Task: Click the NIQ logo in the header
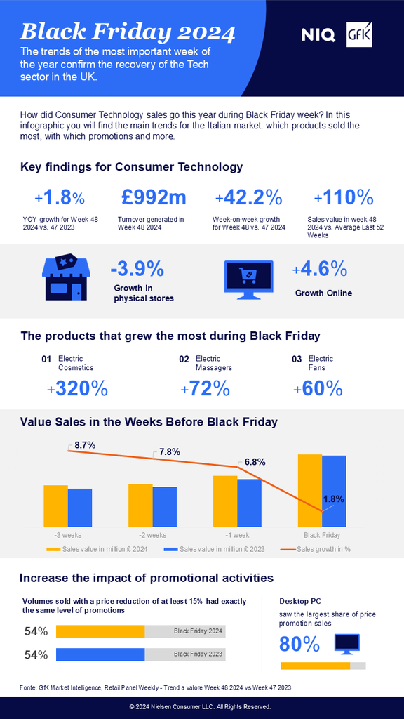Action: (x=320, y=33)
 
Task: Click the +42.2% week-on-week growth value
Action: (x=248, y=196)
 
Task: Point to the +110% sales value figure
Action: (x=344, y=196)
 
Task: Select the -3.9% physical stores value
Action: (x=137, y=268)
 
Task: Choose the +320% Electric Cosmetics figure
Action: (x=77, y=388)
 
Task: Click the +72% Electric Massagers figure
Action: (x=205, y=388)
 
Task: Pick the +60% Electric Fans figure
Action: (x=317, y=388)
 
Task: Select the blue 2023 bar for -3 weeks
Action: (x=80, y=508)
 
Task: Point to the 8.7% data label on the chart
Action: (x=85, y=444)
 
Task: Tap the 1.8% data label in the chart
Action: (x=333, y=499)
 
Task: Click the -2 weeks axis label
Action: (x=152, y=534)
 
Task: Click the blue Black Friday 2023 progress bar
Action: (x=100, y=654)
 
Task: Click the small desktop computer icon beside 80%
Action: (x=346, y=643)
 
